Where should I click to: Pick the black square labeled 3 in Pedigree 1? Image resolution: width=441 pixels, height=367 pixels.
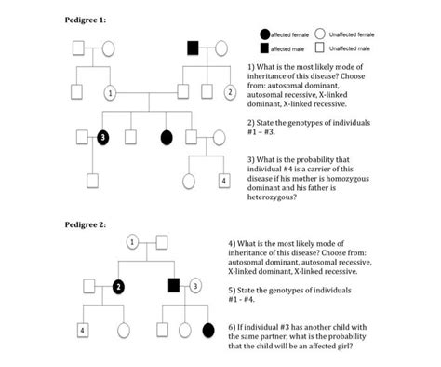102,137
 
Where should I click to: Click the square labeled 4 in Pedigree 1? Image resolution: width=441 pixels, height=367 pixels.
223,179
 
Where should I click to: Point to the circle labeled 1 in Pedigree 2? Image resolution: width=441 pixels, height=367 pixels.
133,243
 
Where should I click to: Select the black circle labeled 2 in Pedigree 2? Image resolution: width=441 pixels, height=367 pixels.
119,285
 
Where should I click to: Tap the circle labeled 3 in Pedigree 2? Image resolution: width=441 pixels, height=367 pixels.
195,285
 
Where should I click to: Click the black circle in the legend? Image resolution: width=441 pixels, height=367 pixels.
266,34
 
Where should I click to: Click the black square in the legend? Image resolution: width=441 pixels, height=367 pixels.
266,48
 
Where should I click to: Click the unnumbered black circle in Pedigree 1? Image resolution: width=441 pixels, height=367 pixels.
167,137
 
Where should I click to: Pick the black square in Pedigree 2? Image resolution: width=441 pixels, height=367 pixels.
173,285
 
